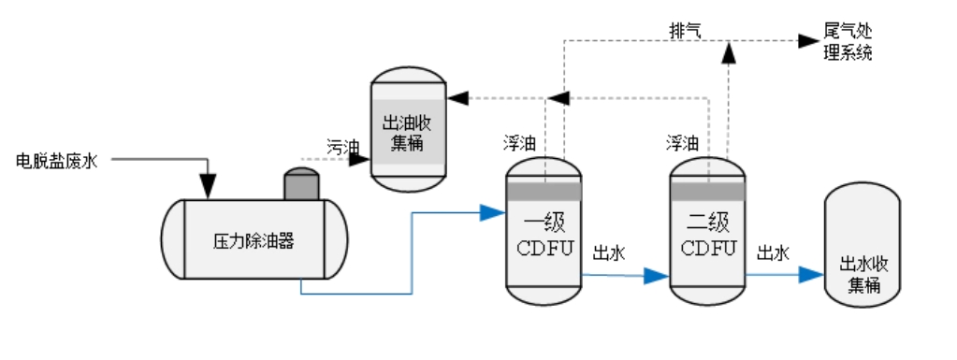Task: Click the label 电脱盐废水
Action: click(x=57, y=161)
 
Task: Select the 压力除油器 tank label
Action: click(x=254, y=240)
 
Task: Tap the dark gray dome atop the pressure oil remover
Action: click(x=302, y=184)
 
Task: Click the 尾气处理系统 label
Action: click(x=848, y=42)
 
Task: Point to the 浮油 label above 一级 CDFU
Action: click(x=520, y=143)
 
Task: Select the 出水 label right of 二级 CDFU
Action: click(x=774, y=252)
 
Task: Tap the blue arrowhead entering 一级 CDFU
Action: click(x=493, y=212)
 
